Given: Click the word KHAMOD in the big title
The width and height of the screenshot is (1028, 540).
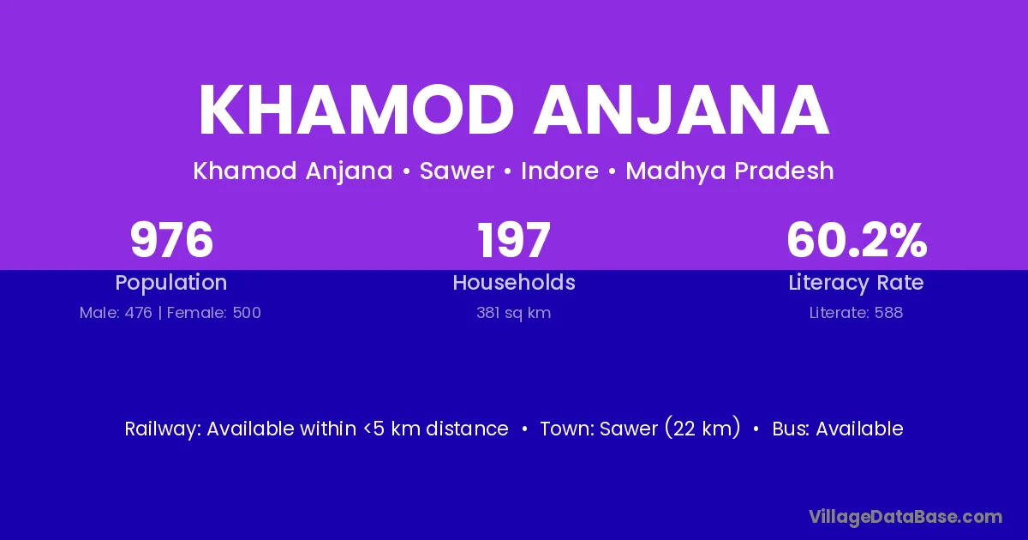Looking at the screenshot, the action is [356, 110].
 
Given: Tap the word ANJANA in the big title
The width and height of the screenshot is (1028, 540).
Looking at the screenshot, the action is [682, 110].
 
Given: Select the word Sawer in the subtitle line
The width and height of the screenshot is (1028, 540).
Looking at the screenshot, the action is [457, 171].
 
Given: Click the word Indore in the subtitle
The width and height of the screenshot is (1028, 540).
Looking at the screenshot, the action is [559, 171].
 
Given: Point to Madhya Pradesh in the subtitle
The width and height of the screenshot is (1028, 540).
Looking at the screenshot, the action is [730, 171].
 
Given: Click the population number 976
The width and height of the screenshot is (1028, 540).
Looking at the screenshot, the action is [171, 240].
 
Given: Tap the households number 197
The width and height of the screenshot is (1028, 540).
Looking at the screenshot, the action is [514, 240].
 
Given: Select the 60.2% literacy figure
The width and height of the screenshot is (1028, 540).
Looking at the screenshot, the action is [857, 240].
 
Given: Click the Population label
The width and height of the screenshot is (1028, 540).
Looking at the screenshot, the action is [171, 283].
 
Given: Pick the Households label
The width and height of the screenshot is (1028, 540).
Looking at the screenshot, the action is [514, 282].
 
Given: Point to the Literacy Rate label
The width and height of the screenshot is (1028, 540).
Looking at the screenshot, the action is [856, 283].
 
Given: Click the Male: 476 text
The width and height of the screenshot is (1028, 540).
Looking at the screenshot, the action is [116, 313].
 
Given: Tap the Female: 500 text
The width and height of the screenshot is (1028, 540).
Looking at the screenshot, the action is [214, 313].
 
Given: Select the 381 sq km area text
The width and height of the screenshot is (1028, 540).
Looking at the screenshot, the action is [513, 313].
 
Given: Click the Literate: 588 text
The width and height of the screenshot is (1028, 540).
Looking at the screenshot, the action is [856, 313].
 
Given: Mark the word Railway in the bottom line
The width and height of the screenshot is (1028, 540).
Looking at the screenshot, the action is [163, 429].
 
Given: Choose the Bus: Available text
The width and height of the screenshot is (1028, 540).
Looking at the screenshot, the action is [838, 429].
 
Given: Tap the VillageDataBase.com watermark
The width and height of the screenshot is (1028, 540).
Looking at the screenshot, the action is [905, 517].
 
